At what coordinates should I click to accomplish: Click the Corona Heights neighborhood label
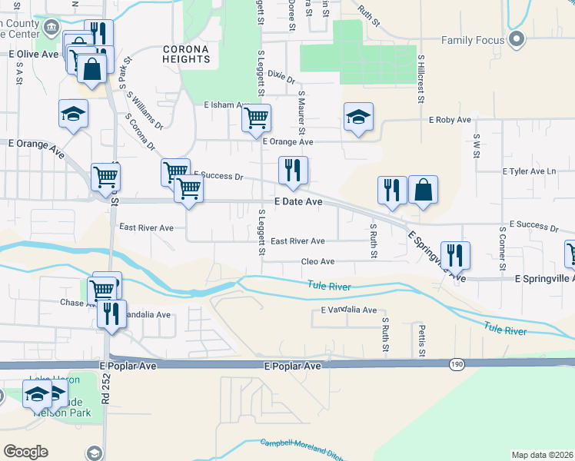(186, 54)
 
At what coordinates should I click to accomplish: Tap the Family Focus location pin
(516, 38)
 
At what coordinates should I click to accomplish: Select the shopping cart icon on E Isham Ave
(255, 118)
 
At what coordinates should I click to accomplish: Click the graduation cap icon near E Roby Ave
(358, 117)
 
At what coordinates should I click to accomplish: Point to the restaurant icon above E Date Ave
(293, 171)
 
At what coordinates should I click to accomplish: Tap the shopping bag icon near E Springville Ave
(423, 190)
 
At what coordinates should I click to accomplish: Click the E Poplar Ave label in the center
(292, 366)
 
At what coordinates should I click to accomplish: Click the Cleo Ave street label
(317, 261)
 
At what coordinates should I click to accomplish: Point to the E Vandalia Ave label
(348, 310)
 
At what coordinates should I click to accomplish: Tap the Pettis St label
(422, 340)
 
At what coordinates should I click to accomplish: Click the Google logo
(25, 452)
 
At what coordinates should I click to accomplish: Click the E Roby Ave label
(450, 120)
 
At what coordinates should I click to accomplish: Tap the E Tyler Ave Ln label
(530, 171)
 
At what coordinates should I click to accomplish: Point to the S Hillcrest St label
(421, 78)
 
